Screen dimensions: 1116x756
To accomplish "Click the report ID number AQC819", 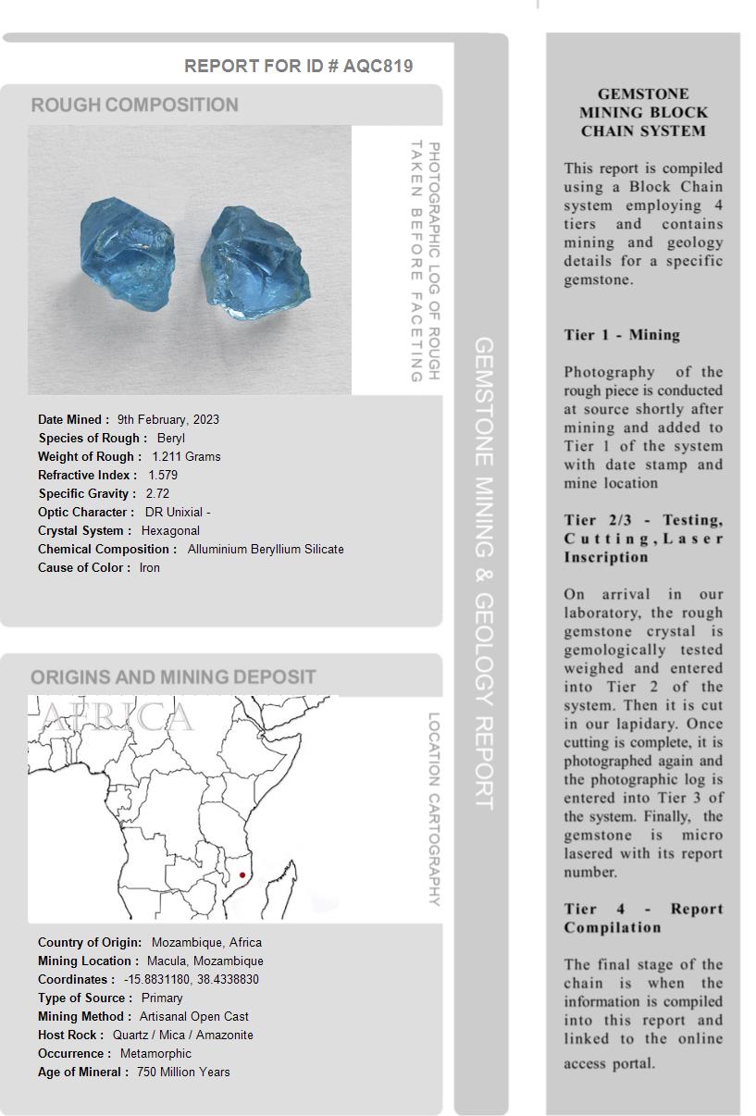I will (378, 66).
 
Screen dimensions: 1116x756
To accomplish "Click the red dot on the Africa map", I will (242, 875).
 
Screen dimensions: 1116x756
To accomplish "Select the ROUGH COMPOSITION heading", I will (135, 105).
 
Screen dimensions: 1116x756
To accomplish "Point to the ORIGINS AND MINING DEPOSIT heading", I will (173, 677).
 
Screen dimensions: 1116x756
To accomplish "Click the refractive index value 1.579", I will (163, 475).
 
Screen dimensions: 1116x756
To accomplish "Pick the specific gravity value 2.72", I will (157, 493).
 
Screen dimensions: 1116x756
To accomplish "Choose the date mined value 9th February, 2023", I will (168, 419).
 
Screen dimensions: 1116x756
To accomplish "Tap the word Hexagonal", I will (170, 530).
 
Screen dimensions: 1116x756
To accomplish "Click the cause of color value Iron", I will (150, 567).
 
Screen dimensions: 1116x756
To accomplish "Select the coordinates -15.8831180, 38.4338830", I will (192, 979).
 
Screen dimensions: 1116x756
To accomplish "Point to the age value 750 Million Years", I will (183, 1072).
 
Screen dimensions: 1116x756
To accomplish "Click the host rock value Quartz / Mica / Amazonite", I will (183, 1035).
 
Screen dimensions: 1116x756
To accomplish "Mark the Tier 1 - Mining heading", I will (622, 335).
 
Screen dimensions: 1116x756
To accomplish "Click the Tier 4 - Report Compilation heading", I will (643, 918).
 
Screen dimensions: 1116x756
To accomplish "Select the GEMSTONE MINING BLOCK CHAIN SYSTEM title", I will (643, 112).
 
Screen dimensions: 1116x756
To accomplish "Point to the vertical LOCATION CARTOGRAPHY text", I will (433, 809).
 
